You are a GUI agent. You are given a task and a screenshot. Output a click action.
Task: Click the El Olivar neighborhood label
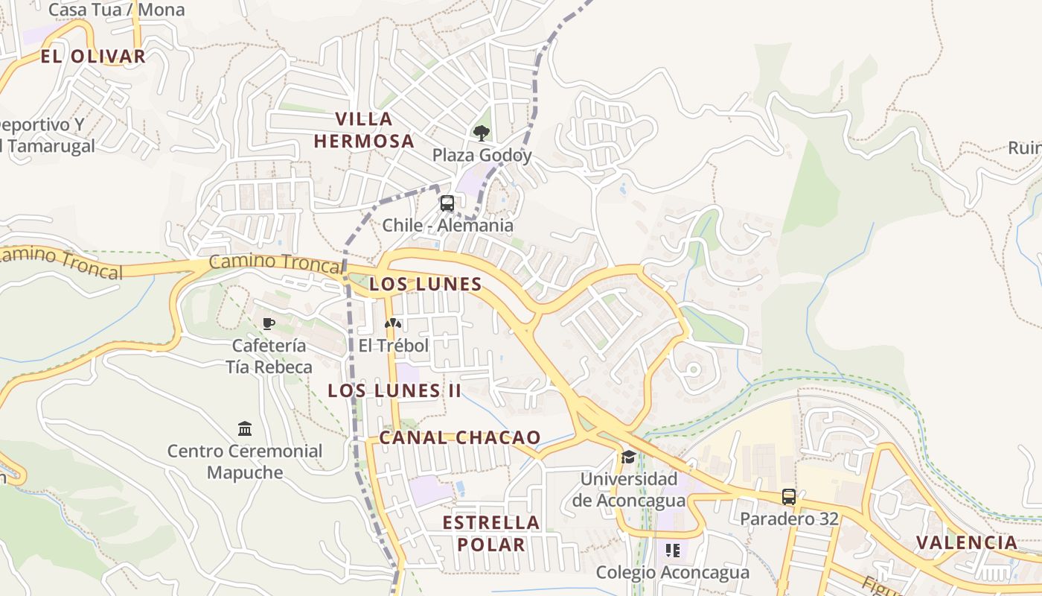93,57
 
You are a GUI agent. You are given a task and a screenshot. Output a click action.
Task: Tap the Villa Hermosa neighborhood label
364,130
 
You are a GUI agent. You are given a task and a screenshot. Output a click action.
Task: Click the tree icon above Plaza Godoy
482,133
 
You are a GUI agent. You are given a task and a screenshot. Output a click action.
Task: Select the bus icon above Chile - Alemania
447,203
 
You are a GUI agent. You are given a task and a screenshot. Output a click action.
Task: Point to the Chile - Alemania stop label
447,225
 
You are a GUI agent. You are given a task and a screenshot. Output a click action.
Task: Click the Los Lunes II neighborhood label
394,390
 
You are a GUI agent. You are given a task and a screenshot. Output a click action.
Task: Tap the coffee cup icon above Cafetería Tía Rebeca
269,323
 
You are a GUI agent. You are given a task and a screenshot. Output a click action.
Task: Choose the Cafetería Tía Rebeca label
269,356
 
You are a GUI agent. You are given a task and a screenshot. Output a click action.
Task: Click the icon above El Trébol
393,323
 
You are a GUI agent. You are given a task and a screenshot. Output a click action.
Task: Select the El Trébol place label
393,346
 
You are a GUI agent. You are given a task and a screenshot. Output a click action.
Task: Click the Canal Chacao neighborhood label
460,437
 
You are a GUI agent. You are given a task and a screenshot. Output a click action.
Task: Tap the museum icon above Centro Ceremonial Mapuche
245,428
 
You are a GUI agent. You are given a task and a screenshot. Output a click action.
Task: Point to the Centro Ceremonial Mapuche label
245,461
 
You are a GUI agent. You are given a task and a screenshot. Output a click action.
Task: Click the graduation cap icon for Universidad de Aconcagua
629,457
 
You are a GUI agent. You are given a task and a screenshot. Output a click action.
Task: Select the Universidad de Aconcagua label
629,489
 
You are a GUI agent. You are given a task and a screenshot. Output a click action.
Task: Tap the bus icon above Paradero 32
789,496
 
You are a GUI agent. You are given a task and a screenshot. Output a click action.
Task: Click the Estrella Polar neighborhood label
491,533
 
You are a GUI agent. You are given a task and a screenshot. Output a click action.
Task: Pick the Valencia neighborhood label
966,542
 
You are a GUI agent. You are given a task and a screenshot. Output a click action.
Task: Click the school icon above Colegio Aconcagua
673,551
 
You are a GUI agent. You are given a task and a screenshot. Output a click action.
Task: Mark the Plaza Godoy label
482,155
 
